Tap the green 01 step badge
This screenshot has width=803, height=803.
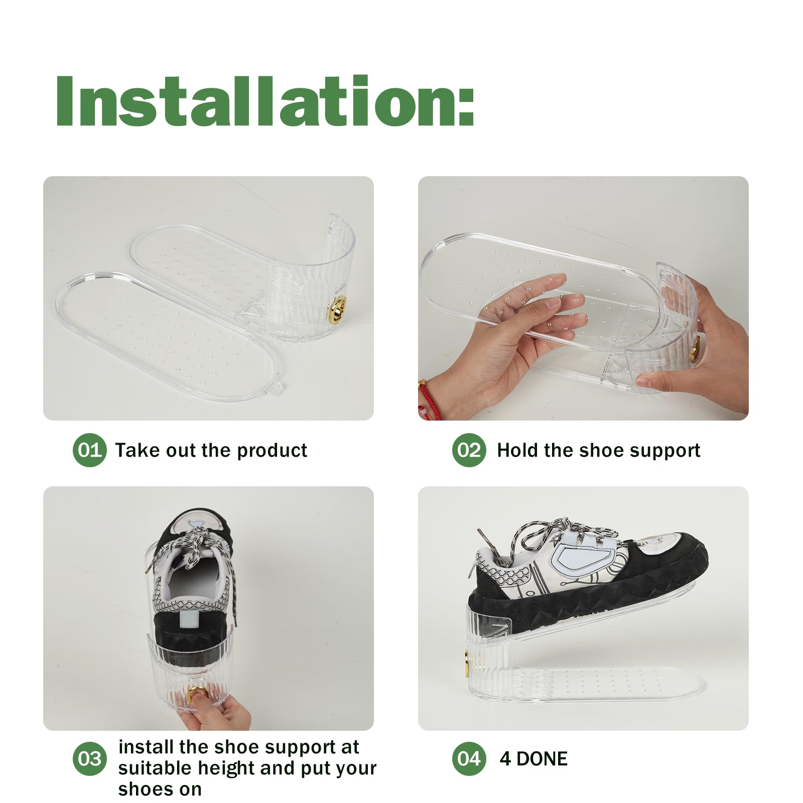90,450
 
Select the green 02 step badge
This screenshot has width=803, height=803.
469,450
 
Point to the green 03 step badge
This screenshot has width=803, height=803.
90,759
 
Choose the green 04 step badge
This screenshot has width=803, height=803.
469,759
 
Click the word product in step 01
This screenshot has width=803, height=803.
272,451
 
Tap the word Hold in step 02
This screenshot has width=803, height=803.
518,450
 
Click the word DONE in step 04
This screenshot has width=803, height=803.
542,759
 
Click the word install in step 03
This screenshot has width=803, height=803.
146,747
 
